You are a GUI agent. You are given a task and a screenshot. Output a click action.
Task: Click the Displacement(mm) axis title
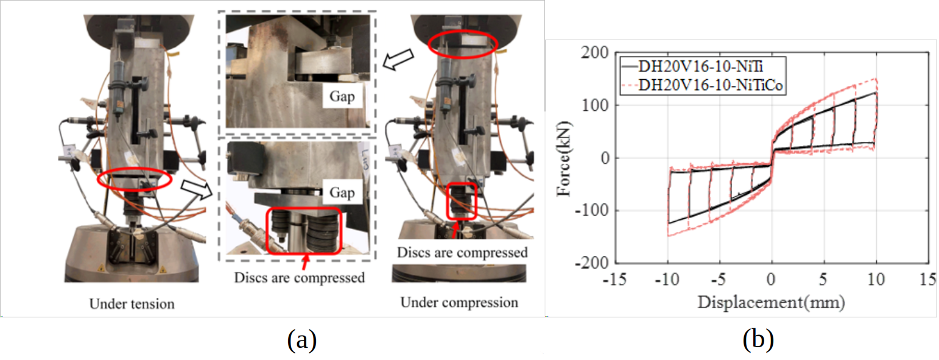[772, 302]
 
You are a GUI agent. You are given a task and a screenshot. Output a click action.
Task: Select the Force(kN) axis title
[564, 158]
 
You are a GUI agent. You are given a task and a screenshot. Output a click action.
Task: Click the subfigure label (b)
[758, 340]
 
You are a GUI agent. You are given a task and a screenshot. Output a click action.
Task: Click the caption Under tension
[132, 303]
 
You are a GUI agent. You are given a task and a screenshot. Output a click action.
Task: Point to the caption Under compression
[459, 302]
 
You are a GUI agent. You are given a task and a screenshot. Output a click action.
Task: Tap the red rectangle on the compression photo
[462, 200]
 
